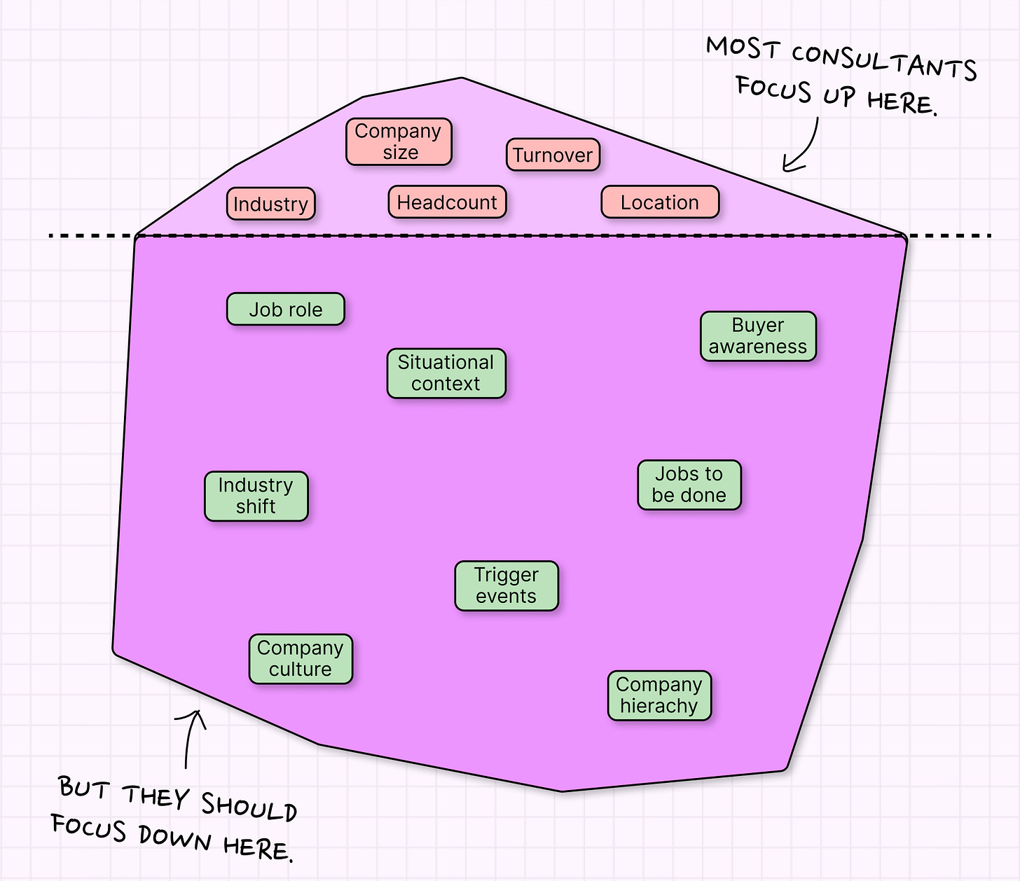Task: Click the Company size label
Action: pos(399,141)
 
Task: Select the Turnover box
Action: pos(553,155)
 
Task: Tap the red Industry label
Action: pos(271,204)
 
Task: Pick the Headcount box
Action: pos(447,202)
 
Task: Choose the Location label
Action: pos(660,202)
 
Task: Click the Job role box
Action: pos(286,310)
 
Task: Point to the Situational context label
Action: pos(446,373)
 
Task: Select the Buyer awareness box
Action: pos(758,336)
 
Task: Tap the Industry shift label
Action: pos(256,496)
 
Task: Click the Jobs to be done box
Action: pos(689,485)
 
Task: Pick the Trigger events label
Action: pos(506,585)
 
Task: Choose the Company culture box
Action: pos(301,659)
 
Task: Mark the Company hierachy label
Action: pos(659,695)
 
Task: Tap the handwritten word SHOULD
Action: pos(249,806)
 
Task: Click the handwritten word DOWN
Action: pos(174,838)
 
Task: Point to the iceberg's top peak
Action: pos(462,78)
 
